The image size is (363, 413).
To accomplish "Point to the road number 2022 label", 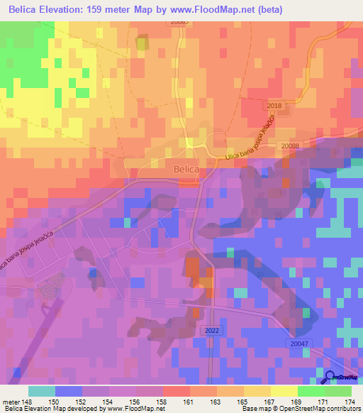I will point(211,330).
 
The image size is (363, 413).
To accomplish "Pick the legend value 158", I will point(163,402).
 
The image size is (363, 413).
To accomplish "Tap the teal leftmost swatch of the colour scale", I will point(42,391).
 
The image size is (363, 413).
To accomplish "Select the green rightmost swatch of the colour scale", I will point(337,391).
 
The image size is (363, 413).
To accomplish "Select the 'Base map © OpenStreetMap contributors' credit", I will point(300,409).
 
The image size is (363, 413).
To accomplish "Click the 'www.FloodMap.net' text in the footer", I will point(135,409).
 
